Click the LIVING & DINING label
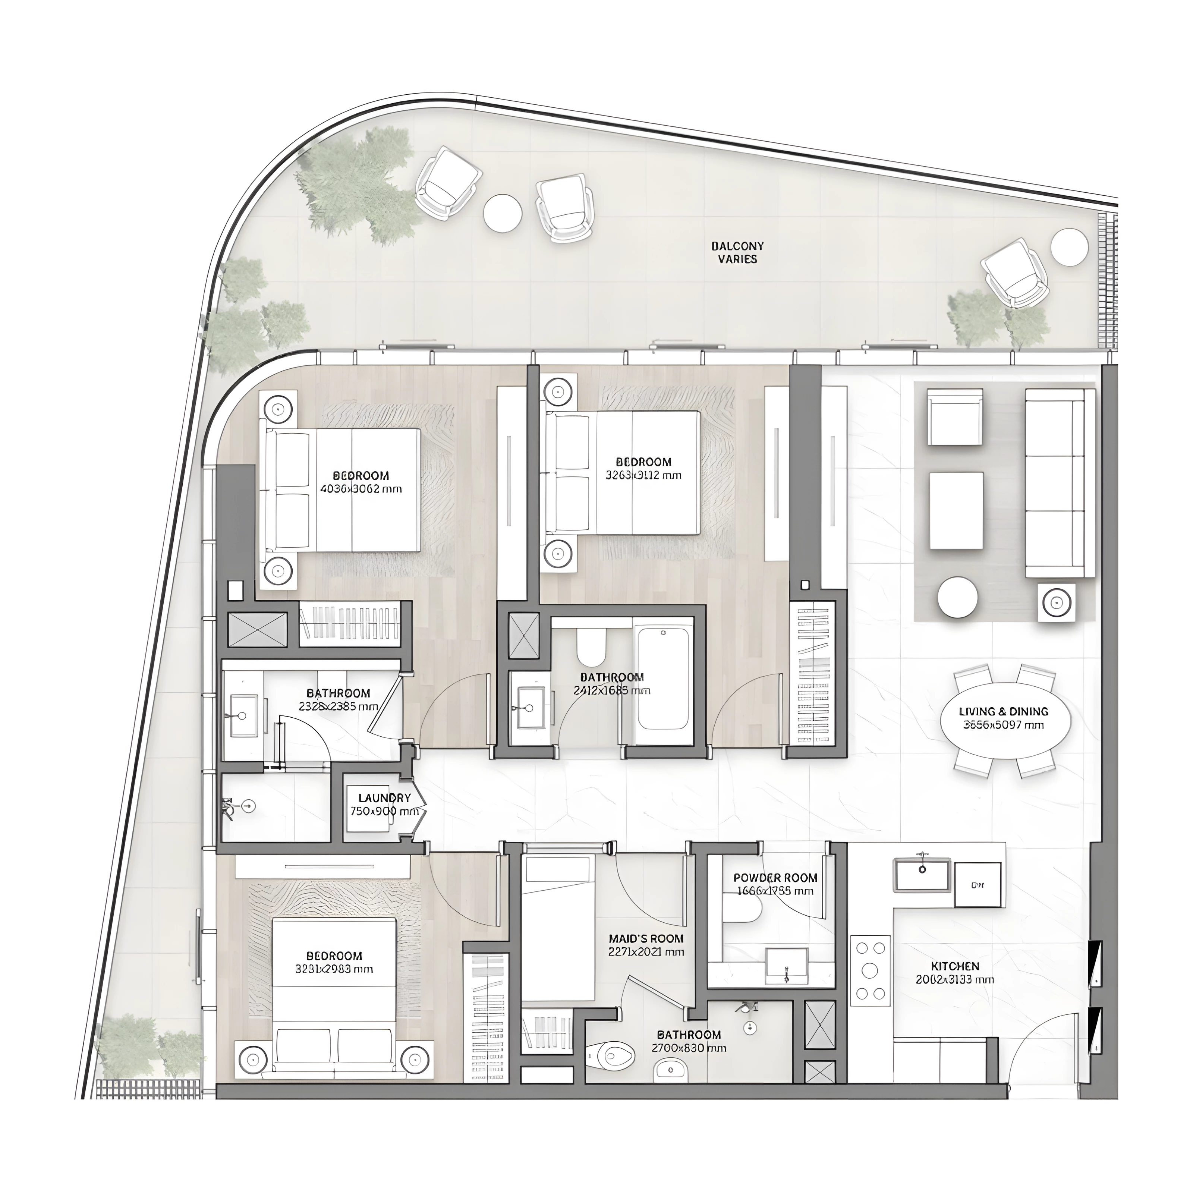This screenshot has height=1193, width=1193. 1004,711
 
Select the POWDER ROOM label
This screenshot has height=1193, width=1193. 775,878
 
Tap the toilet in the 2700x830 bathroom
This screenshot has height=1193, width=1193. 611,1055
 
